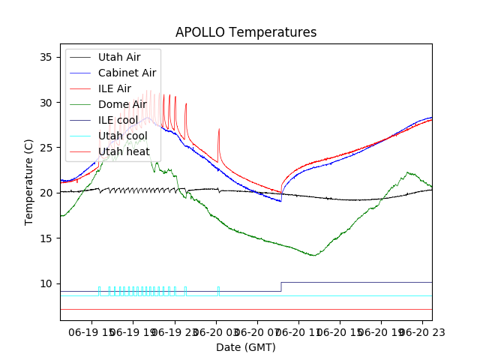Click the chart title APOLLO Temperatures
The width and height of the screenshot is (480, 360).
246,33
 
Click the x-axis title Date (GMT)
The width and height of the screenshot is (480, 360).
246,347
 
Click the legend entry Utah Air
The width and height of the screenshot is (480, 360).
118,57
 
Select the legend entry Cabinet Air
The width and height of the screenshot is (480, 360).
127,73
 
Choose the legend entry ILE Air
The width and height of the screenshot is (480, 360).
114,88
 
